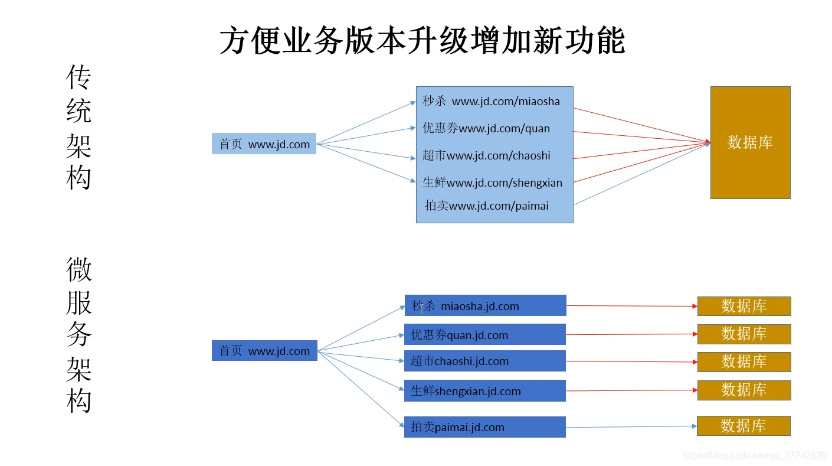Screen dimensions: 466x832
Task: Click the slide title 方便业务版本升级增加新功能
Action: tap(422, 41)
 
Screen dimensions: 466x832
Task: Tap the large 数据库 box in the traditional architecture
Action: tap(749, 142)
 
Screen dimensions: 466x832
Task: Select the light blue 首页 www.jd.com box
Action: tap(264, 144)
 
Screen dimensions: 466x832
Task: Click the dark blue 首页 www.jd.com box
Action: tap(264, 351)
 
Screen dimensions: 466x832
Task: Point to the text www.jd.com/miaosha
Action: tap(506, 102)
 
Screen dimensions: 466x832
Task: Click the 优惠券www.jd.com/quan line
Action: tap(486, 128)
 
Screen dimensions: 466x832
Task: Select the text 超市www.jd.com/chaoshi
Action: tap(486, 155)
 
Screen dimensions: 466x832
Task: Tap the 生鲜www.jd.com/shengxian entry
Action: tap(492, 183)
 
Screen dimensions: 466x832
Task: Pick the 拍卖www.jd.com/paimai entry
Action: tap(487, 206)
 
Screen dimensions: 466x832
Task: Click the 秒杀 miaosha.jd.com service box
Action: tap(485, 306)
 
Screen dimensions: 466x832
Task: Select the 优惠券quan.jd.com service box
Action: tap(484, 335)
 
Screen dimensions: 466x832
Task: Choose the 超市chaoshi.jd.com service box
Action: tap(484, 361)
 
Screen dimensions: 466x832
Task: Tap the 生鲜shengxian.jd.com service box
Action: tap(484, 391)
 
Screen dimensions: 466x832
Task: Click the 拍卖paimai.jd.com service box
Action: tap(484, 427)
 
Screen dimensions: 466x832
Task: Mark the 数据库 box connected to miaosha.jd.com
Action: tap(743, 306)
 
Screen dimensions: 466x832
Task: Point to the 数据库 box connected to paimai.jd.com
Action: tap(743, 426)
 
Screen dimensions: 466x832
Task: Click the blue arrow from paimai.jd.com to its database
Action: tap(631, 426)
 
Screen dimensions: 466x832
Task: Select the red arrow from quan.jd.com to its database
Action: tap(631, 334)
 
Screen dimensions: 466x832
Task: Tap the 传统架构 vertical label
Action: tap(78, 127)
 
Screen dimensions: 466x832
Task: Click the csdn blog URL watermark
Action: tap(754, 455)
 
